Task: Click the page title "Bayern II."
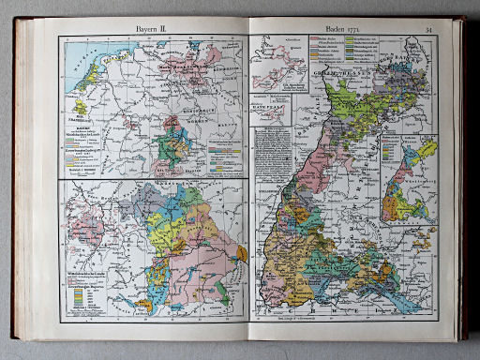click(149, 30)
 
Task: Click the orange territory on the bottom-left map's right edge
click(242, 253)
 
